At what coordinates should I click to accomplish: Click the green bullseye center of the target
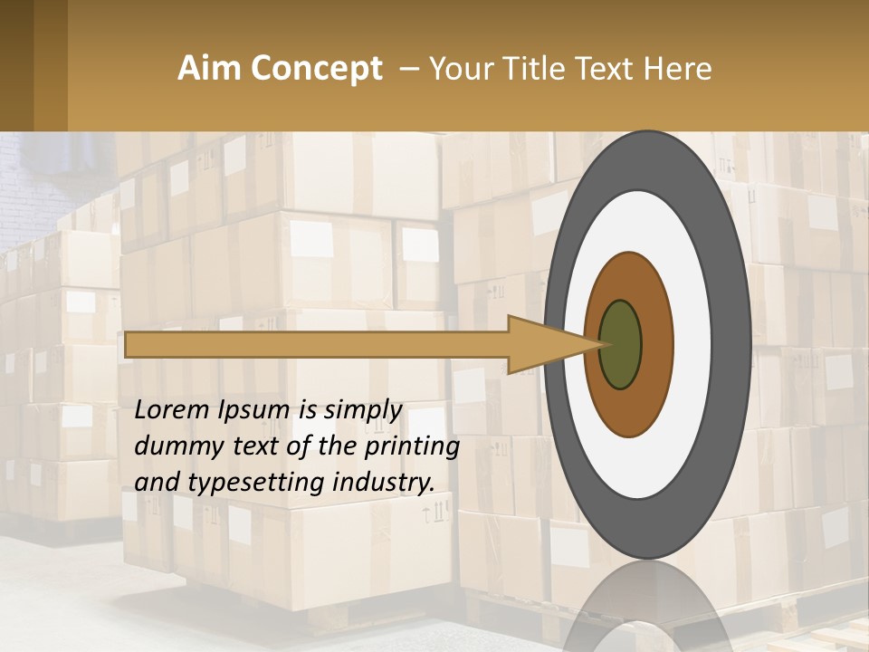pos(621,344)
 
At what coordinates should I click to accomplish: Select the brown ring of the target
pos(655,344)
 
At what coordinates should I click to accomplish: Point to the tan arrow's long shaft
pos(317,344)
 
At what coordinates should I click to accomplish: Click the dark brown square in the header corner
pos(16,65)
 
